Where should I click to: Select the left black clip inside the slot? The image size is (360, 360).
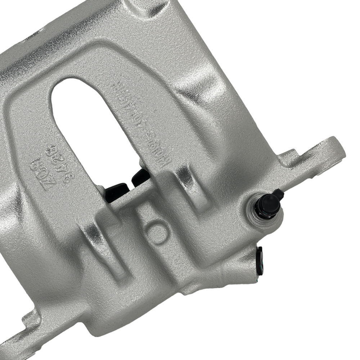coord(117,192)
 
